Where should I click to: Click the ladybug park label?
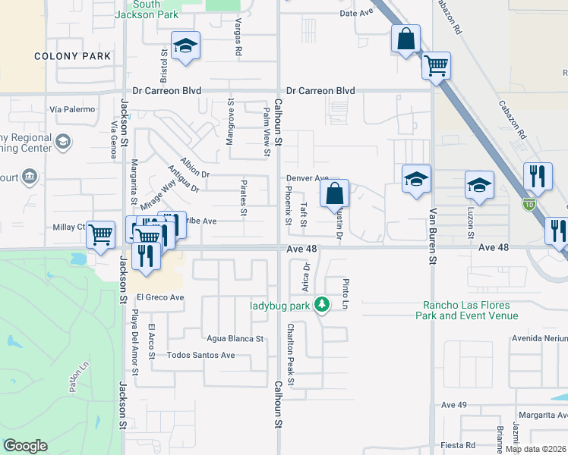point(281,306)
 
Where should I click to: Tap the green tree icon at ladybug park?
point(323,305)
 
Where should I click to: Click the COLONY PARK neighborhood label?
point(73,56)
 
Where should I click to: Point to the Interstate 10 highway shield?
point(529,203)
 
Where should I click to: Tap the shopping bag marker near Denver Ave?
point(335,194)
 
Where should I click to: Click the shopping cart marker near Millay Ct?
point(100,234)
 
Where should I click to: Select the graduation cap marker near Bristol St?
point(185,46)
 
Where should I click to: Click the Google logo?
point(25,446)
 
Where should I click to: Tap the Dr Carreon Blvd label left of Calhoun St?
point(166,90)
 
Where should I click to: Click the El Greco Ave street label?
point(160,297)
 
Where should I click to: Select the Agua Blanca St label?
point(234,339)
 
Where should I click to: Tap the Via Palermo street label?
point(72,109)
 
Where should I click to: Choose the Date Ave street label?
point(358,14)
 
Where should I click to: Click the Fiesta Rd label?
point(459,445)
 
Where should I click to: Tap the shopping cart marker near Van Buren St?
point(436,66)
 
